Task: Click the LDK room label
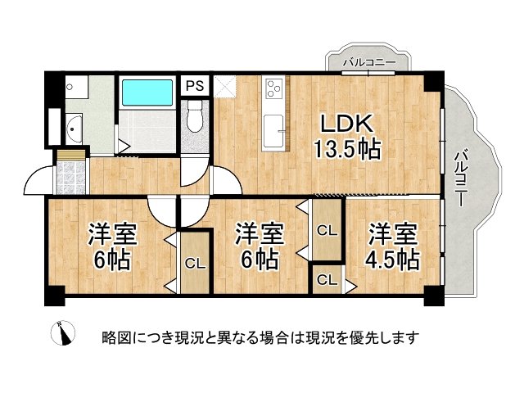pyautogui.click(x=346, y=124)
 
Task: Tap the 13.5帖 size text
pyautogui.click(x=347, y=151)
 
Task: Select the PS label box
pyautogui.click(x=194, y=85)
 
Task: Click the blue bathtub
pyautogui.click(x=148, y=93)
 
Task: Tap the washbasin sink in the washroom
pyautogui.click(x=73, y=129)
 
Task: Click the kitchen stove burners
pyautogui.click(x=273, y=86)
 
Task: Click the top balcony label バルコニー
pyautogui.click(x=369, y=62)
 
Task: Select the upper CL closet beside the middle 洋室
pyautogui.click(x=326, y=232)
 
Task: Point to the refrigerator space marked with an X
pyautogui.click(x=225, y=86)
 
